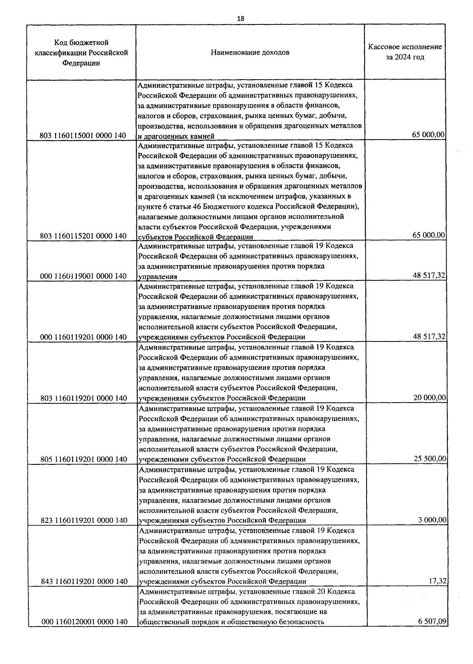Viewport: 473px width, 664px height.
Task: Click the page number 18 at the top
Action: tap(241, 19)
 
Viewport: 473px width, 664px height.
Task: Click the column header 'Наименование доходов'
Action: tap(250, 52)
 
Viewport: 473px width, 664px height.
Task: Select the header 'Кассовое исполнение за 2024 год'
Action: tap(405, 52)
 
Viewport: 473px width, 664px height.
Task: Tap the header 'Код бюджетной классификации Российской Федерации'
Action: tap(81, 52)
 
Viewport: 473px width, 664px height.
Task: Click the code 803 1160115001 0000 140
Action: tap(83, 136)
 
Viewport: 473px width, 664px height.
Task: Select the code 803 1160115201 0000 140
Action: tap(83, 236)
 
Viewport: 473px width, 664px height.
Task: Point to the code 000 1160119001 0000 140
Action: tap(83, 276)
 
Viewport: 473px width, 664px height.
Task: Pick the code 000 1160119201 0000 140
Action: tap(83, 337)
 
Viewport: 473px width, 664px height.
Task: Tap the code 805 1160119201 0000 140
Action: tap(84, 459)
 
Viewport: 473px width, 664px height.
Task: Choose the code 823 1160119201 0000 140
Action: tap(84, 520)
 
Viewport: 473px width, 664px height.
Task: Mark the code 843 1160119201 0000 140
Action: tap(84, 582)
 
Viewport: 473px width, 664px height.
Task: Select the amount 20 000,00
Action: tap(430, 398)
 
